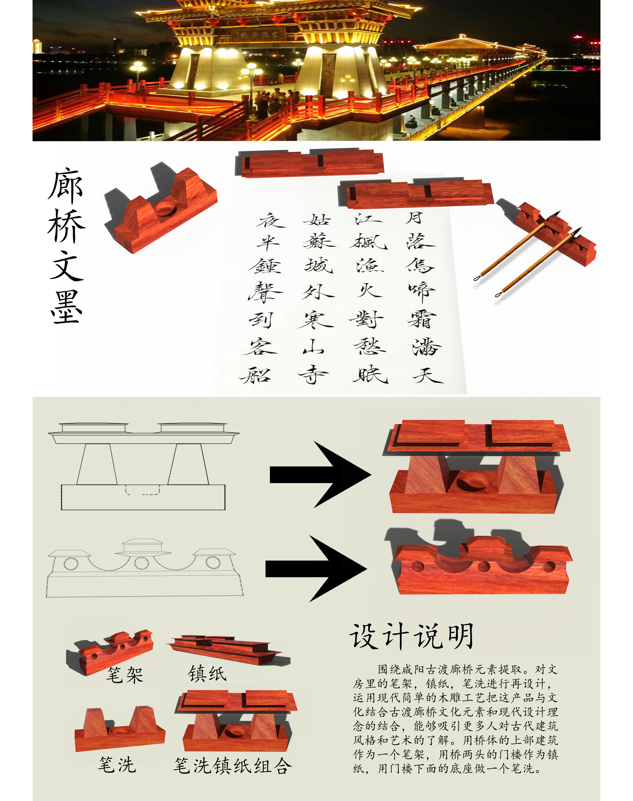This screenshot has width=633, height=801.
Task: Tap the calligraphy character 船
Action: (256, 375)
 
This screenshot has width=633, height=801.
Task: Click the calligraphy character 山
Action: (313, 347)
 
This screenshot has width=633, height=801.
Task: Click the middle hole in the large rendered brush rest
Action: (484, 567)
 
